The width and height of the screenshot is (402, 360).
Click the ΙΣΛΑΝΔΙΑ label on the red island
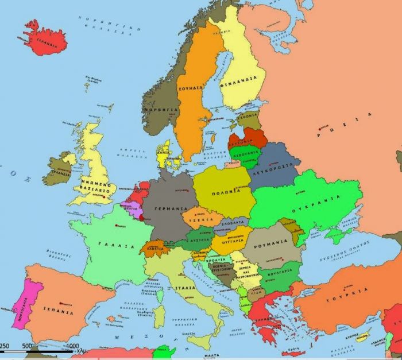click(x=46, y=42)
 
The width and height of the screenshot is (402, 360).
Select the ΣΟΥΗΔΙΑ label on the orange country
click(x=191, y=88)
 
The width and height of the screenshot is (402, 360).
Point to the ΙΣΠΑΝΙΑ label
click(x=58, y=312)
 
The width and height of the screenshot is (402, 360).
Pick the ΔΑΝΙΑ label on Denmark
click(x=164, y=154)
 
